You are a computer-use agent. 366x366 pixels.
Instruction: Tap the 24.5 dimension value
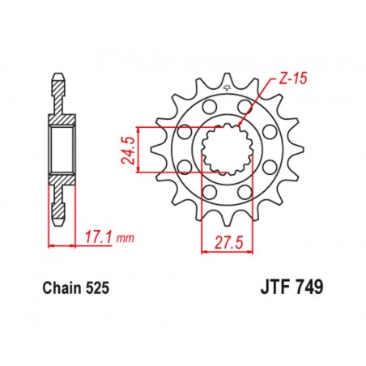pyautogui.click(x=150, y=151)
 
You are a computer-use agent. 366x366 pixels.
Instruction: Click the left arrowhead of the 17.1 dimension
pyautogui.click(x=51, y=244)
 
